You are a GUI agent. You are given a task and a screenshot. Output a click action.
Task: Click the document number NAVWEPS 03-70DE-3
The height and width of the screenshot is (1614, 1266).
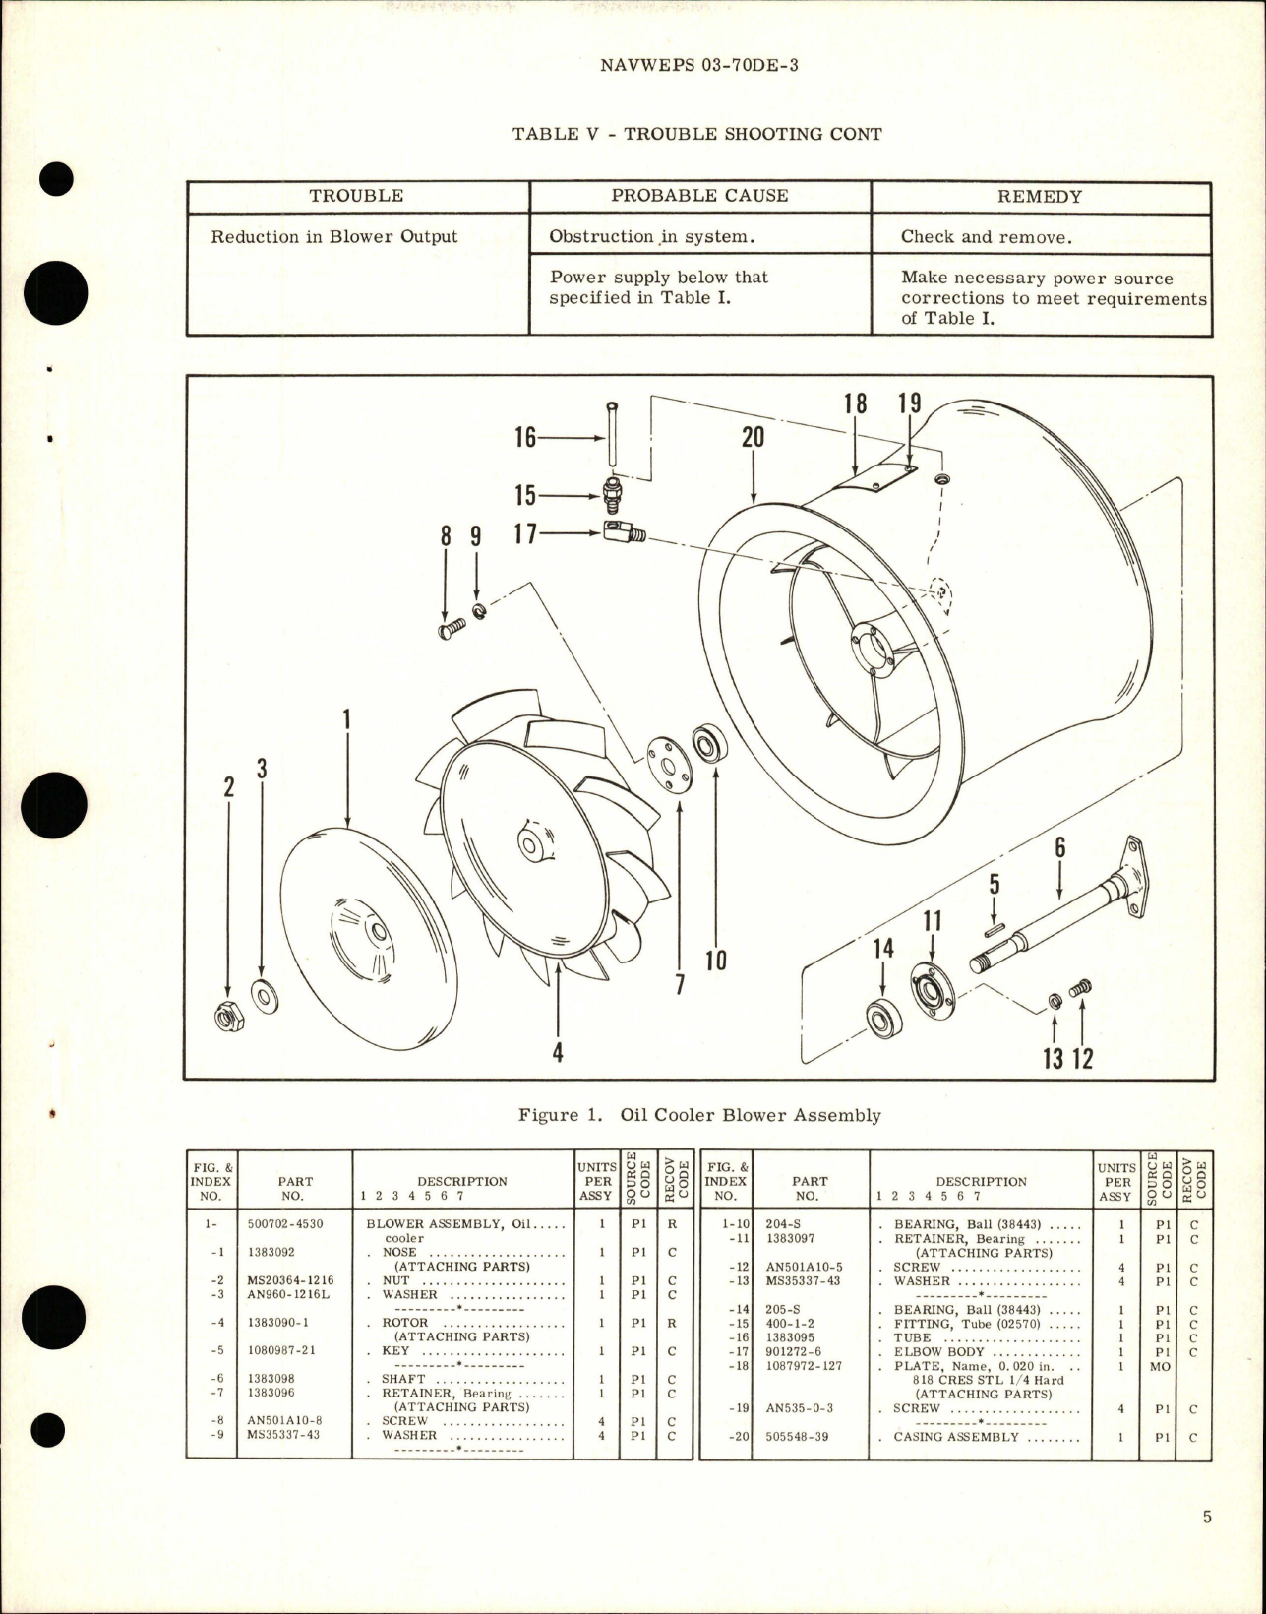tap(697, 66)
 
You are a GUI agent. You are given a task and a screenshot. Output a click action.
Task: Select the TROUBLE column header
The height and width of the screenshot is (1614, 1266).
tap(356, 196)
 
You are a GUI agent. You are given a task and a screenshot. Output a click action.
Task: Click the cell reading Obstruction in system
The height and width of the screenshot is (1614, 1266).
tap(652, 236)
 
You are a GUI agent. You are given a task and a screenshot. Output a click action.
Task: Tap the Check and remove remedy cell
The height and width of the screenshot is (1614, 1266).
tap(985, 236)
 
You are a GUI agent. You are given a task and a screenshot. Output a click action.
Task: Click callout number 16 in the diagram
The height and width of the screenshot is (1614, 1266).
tap(526, 437)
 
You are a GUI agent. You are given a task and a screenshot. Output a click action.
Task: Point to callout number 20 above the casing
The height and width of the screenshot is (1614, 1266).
tap(753, 437)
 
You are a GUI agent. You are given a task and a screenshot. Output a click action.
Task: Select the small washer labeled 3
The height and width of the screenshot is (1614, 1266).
tap(264, 998)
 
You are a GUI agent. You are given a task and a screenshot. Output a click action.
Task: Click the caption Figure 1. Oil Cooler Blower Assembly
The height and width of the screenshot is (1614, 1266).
tap(699, 1115)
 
